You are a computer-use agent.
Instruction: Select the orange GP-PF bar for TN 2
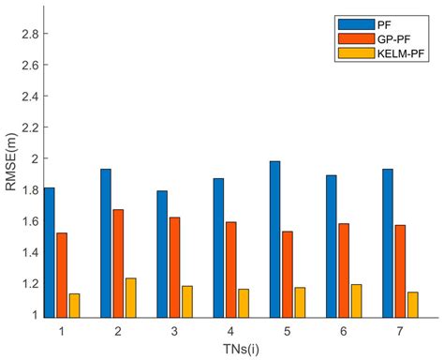pos(119,262)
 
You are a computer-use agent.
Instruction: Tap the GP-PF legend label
pos(392,37)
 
